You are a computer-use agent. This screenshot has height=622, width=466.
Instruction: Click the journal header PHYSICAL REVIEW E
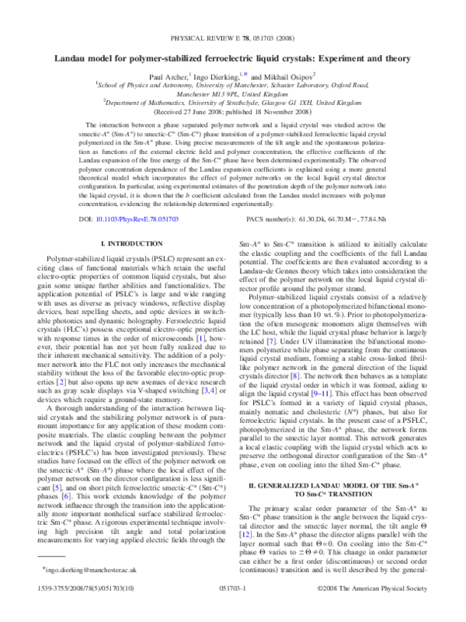[204, 37]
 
